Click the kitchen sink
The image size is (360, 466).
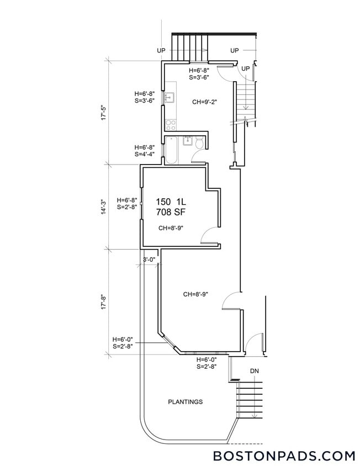point(170,98)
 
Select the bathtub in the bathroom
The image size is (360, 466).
point(171,150)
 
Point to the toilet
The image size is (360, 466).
point(200,144)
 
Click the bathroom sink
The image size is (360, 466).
point(188,140)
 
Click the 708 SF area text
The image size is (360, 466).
point(170,211)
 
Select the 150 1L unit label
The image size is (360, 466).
point(170,202)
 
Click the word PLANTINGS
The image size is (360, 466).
point(185,402)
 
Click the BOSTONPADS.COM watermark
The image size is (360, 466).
point(284,456)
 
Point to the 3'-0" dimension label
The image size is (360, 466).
point(149,260)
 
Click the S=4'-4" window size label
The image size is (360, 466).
point(145,155)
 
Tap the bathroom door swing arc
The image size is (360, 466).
point(198,157)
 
